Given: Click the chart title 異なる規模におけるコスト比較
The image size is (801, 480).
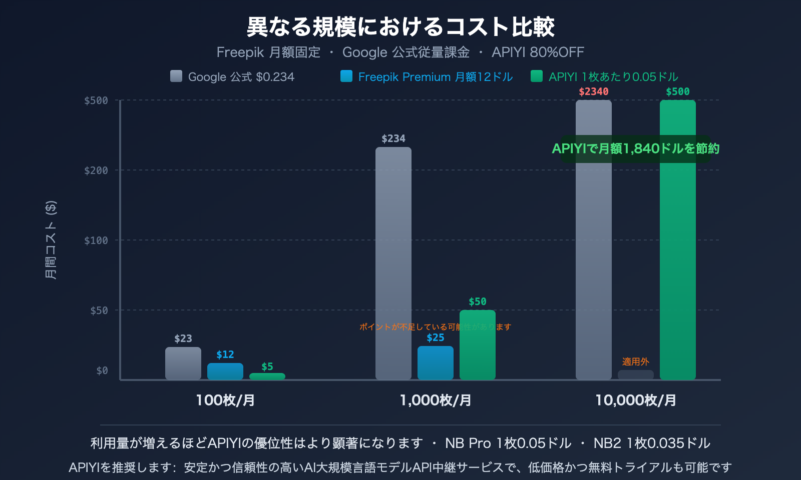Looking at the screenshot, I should [x=400, y=27].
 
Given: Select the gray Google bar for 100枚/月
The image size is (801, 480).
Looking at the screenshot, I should [x=183, y=363].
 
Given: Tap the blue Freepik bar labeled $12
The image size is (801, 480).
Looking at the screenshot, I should [x=225, y=371].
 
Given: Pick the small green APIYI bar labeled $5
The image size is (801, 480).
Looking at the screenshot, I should [x=267, y=376].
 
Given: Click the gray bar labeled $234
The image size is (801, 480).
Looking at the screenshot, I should [x=393, y=263].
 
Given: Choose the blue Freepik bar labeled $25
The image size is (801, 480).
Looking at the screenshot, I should [x=436, y=363].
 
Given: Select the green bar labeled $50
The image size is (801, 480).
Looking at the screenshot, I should [x=478, y=345].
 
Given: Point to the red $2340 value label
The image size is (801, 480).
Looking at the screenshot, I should [x=594, y=91].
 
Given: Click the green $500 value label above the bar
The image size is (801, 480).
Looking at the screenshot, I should [x=677, y=91].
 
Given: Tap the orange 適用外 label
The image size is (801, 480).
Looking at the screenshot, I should [x=635, y=361].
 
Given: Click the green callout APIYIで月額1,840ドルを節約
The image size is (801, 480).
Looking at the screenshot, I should [x=635, y=148].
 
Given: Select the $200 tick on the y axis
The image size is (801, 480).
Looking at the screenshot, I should [x=96, y=170].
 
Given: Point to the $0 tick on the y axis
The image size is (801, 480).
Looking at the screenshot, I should [x=102, y=370].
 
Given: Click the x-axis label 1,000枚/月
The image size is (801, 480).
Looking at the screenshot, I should [x=436, y=400].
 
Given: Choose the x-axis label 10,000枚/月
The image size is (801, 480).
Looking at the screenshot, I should [x=635, y=400].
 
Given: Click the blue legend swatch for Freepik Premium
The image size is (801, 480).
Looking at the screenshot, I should [x=346, y=76].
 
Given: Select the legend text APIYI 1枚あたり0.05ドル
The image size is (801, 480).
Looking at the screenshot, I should [x=613, y=77].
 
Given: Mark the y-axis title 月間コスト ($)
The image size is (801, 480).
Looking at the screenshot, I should [x=51, y=240].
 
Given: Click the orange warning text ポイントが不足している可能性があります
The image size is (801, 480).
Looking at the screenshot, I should [x=435, y=327].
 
